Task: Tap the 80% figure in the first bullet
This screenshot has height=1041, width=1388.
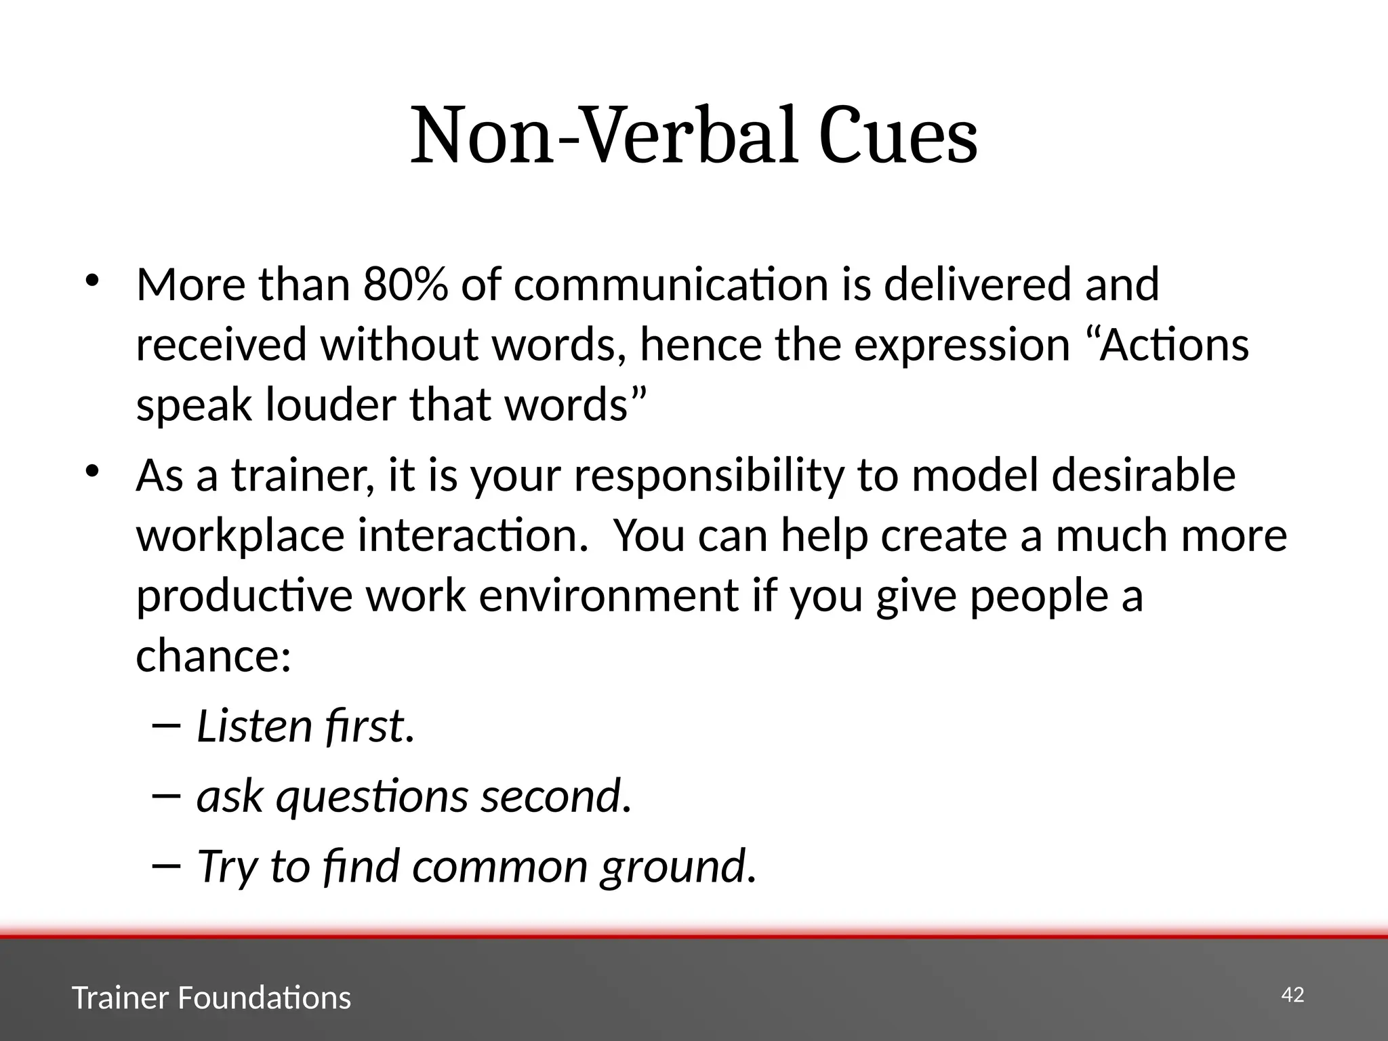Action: [x=405, y=285]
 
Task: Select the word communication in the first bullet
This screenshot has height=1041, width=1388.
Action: [x=671, y=285]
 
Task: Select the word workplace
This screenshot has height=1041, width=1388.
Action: [x=241, y=535]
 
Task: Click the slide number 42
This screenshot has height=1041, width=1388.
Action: [x=1292, y=995]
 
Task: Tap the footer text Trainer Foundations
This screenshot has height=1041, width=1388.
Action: [x=211, y=998]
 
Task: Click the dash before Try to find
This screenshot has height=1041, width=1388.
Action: [x=167, y=865]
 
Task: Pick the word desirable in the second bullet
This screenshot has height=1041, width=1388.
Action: [x=1143, y=476]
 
